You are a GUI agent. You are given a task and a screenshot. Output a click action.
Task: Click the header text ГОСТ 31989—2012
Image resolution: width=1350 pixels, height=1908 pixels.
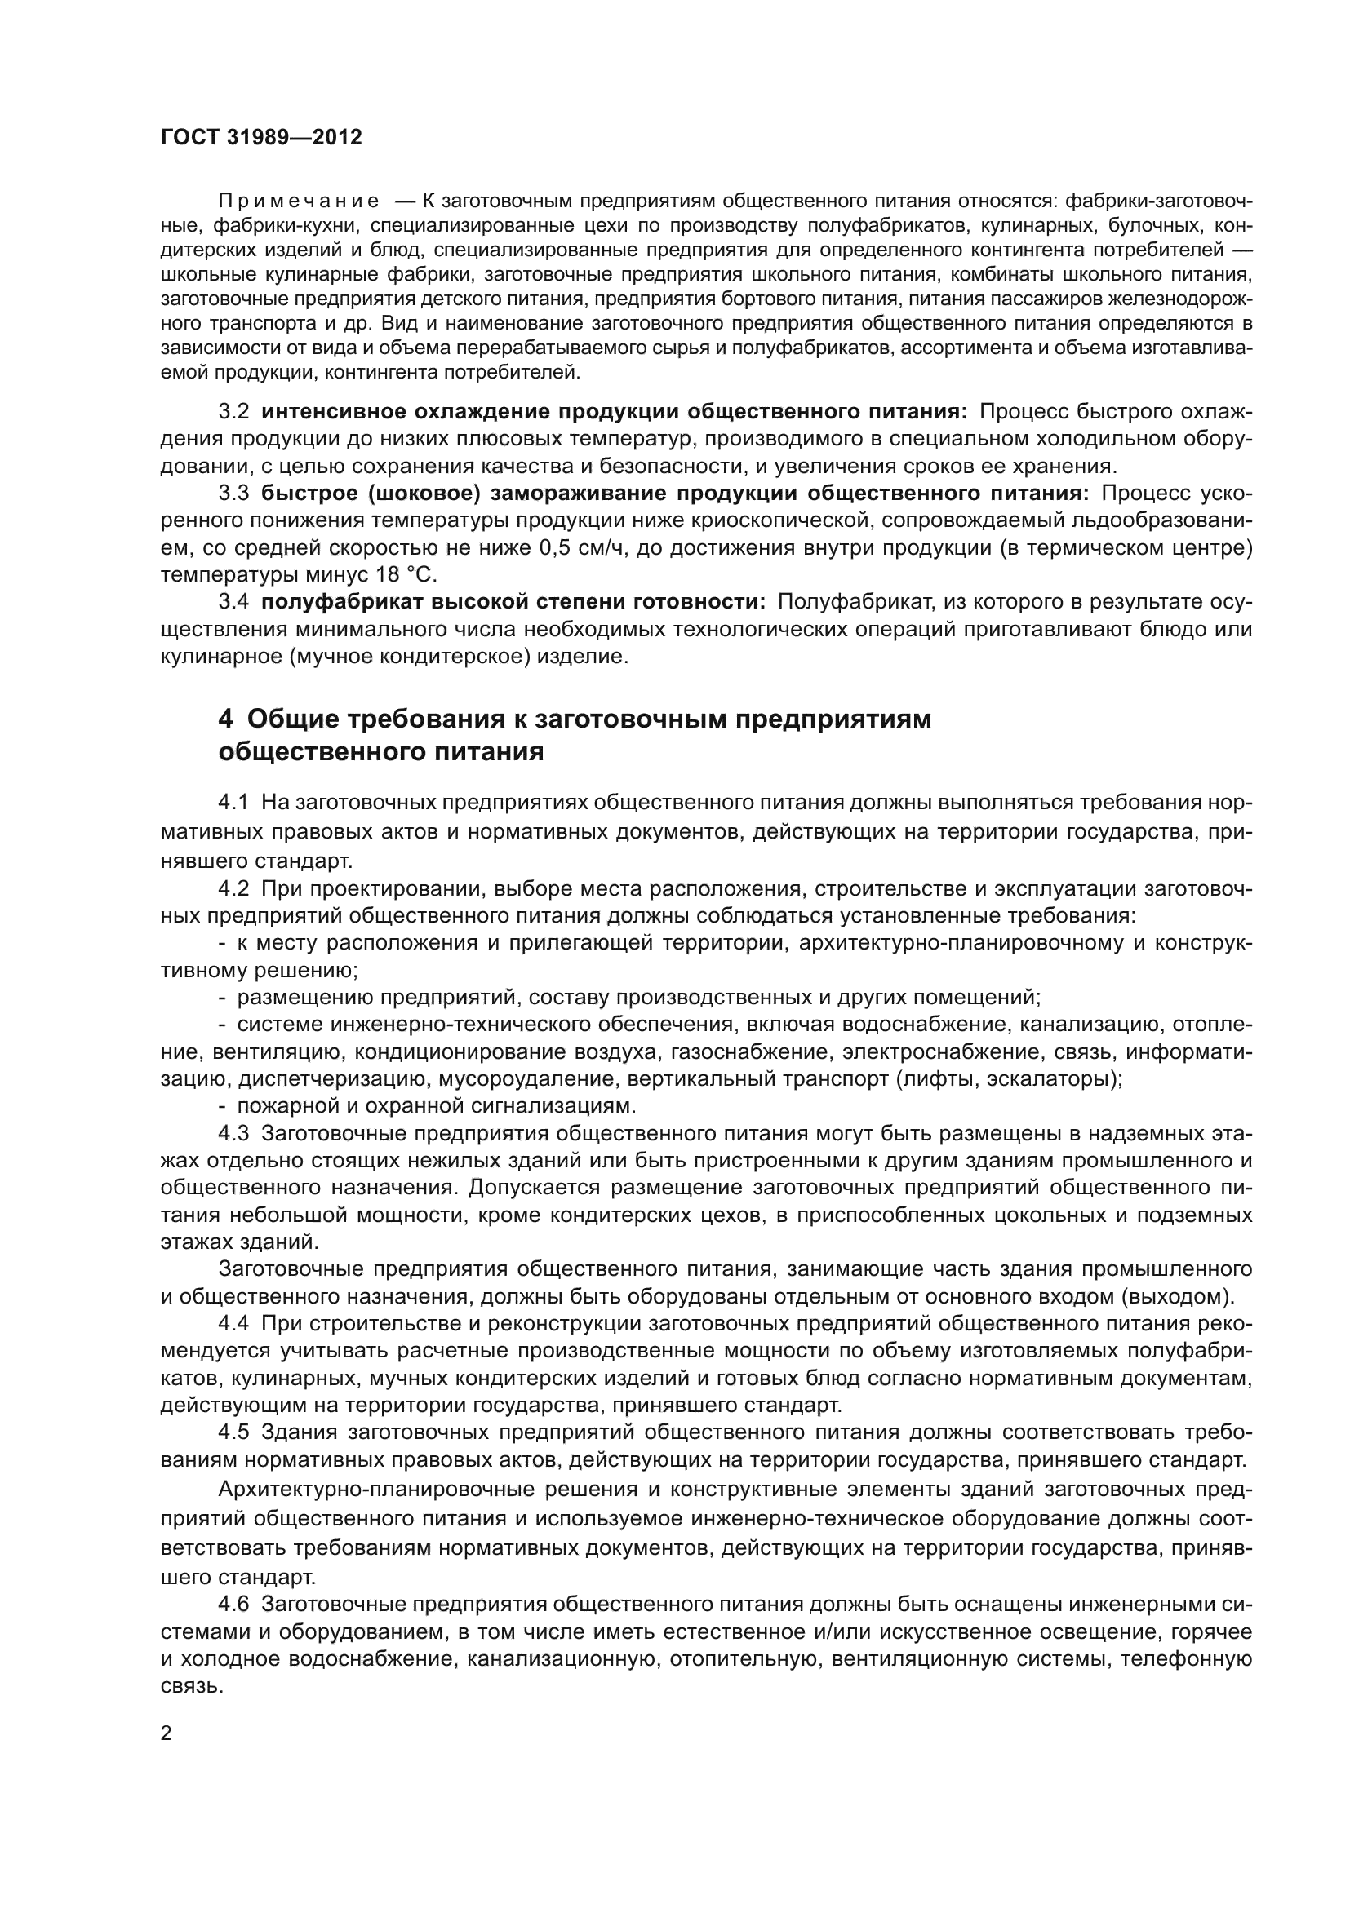pyautogui.click(x=261, y=138)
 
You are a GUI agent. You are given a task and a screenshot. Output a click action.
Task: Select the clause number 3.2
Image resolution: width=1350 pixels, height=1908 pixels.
pyautogui.click(x=233, y=412)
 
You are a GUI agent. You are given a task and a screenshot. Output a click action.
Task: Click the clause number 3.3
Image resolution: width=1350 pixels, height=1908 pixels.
pyautogui.click(x=233, y=494)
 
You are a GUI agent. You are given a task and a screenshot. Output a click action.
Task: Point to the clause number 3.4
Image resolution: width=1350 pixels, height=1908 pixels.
pyautogui.click(x=233, y=602)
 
